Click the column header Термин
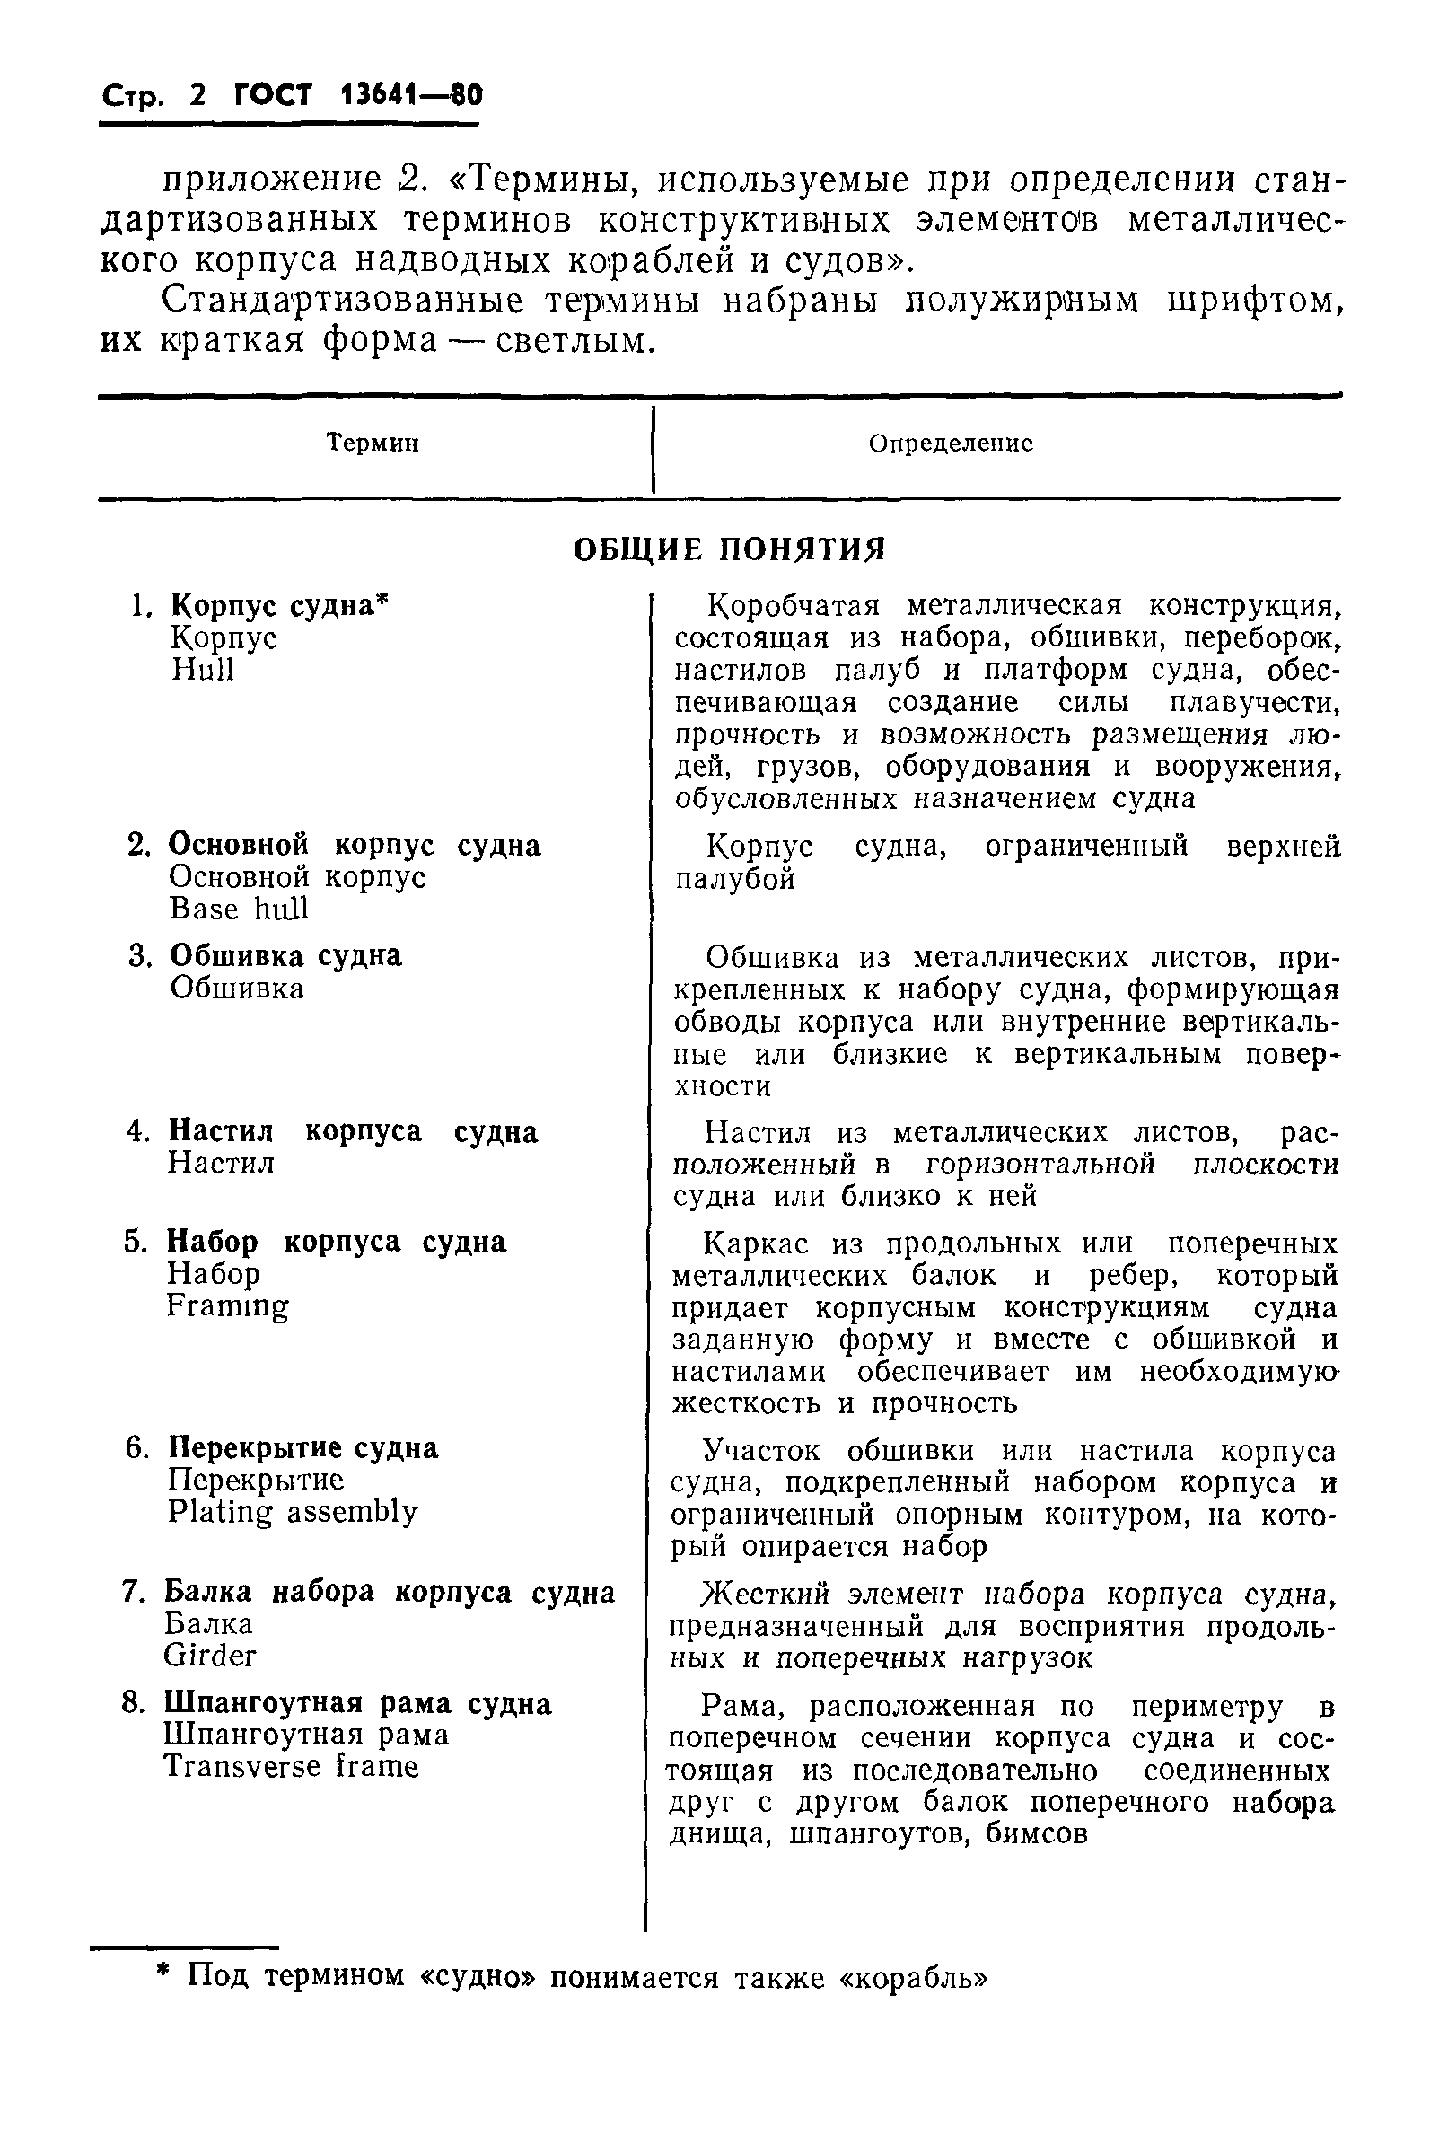[373, 444]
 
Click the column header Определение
[951, 444]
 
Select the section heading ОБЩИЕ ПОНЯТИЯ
[730, 549]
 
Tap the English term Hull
[203, 671]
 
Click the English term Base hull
[239, 910]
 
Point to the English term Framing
[228, 1305]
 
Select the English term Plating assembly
[293, 1512]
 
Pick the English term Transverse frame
[291, 1767]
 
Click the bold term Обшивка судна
[285, 955]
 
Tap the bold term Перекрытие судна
[303, 1448]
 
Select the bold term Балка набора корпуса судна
[390, 1592]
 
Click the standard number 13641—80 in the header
[410, 94]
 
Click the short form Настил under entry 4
[221, 1163]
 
